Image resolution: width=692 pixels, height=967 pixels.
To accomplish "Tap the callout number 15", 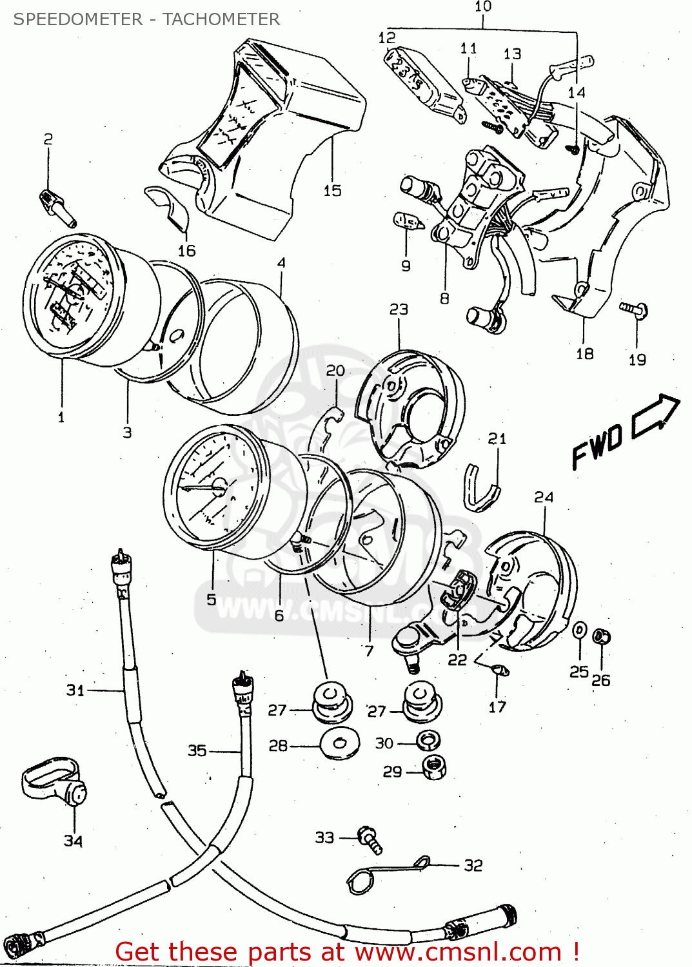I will (x=332, y=191).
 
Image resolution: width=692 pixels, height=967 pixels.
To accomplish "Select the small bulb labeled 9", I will (x=408, y=222).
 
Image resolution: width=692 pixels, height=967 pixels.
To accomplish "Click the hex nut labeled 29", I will (x=434, y=767).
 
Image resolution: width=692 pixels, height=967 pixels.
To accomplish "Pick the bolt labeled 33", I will (x=370, y=839).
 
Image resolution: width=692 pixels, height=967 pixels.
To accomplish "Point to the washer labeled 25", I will (x=580, y=630).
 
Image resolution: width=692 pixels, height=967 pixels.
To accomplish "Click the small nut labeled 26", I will (x=601, y=638).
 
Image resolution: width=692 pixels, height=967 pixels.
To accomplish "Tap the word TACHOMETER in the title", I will (x=221, y=19).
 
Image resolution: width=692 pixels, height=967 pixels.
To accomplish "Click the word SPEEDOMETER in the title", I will (x=78, y=19).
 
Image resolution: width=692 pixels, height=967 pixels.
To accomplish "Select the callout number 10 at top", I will (x=483, y=6).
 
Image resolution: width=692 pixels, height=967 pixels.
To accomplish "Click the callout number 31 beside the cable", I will (x=75, y=690).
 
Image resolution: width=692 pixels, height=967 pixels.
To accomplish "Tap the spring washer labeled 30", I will (x=428, y=740).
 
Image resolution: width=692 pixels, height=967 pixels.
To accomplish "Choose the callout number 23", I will (x=399, y=309).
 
